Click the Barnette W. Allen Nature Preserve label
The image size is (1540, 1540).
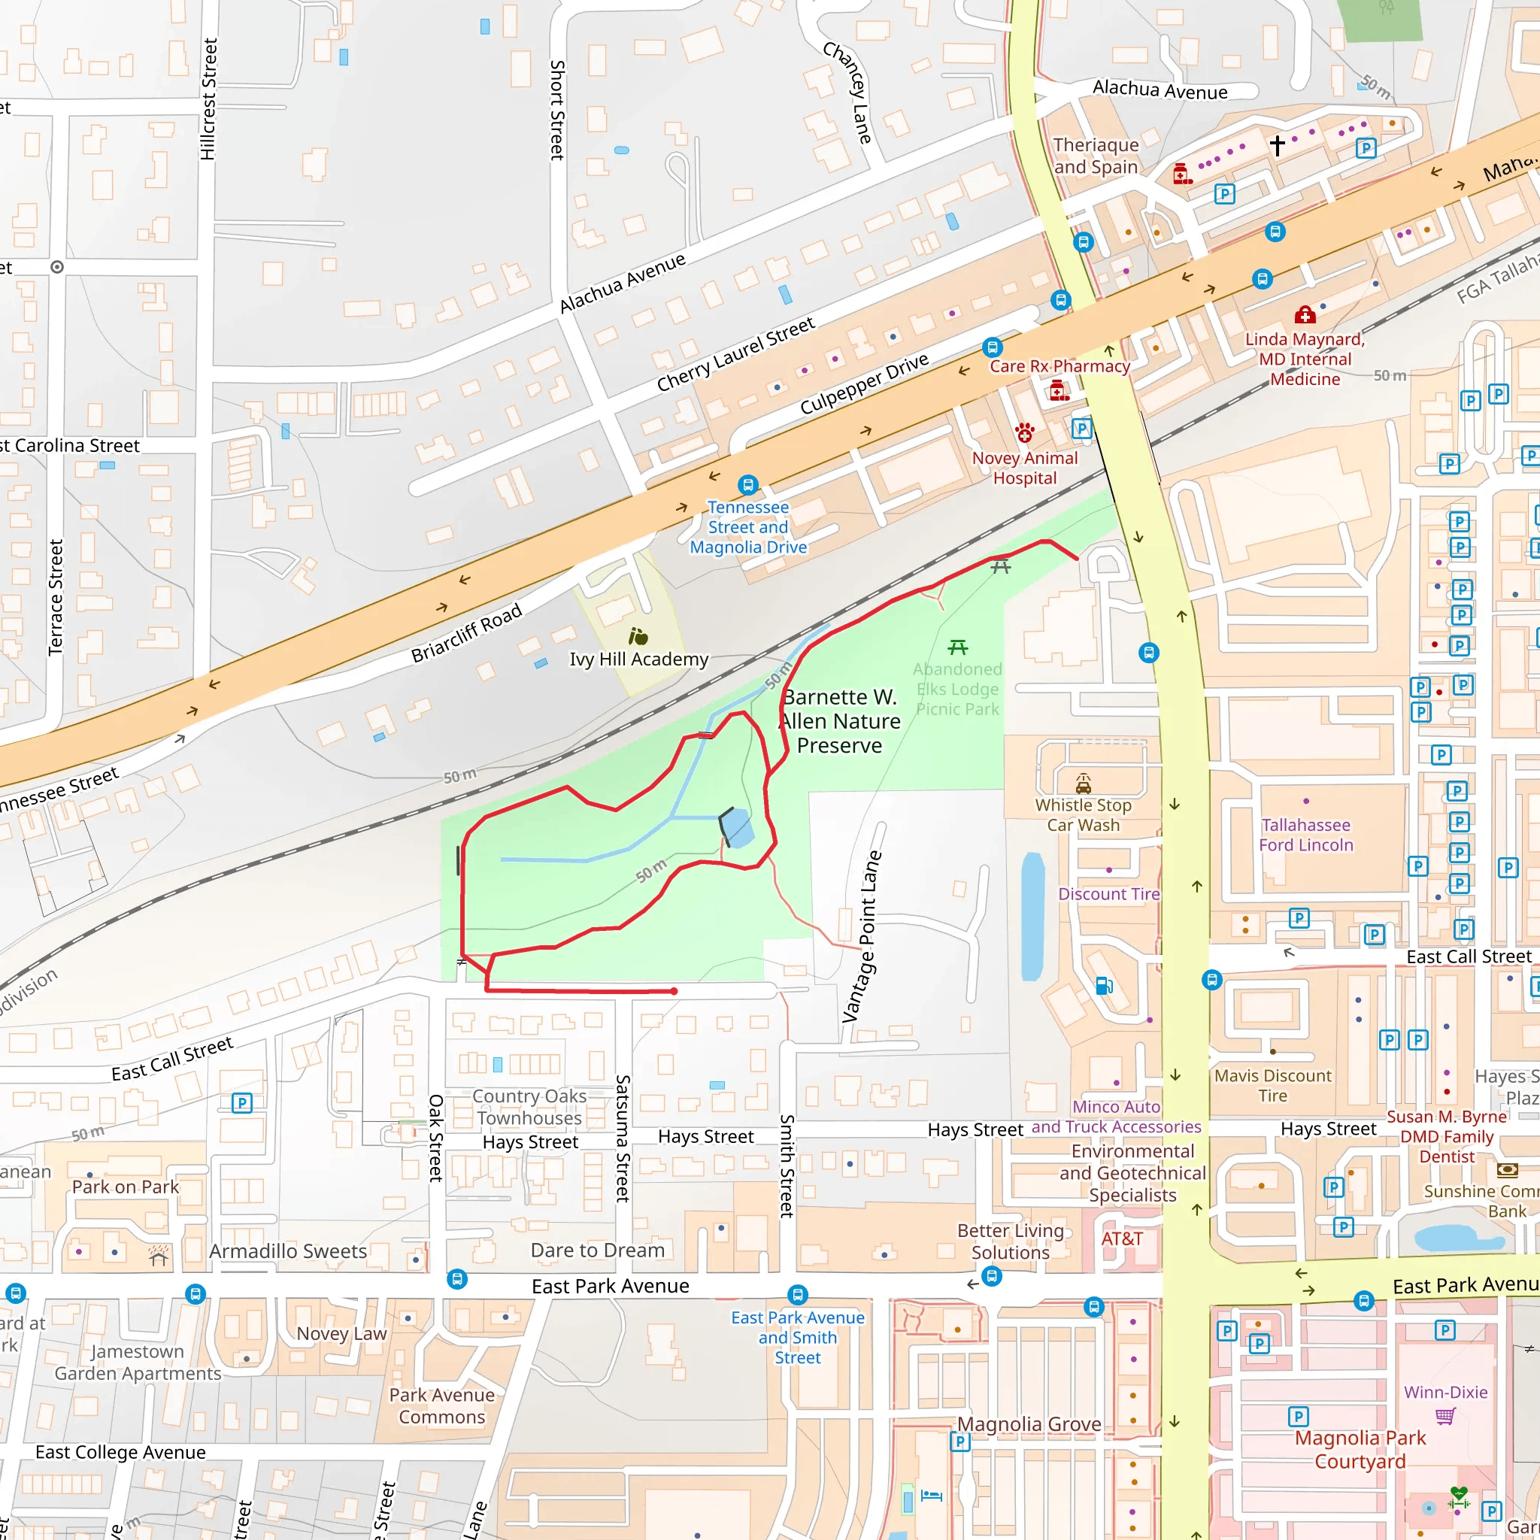click(840, 721)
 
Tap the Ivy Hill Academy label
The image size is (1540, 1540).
click(638, 659)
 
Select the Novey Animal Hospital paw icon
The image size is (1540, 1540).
click(1024, 433)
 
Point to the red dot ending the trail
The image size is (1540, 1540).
click(675, 991)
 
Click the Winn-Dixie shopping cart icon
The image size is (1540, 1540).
click(1445, 1416)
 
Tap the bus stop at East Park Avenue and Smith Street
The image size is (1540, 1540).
click(797, 1295)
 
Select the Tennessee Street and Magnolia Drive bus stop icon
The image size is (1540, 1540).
click(747, 485)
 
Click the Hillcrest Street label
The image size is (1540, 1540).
click(208, 100)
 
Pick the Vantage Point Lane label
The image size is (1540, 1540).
click(862, 937)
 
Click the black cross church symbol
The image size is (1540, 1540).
click(1277, 145)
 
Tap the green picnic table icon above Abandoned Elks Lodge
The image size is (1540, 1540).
click(958, 647)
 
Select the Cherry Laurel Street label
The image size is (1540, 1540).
click(735, 354)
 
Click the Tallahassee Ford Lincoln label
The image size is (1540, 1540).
click(1305, 835)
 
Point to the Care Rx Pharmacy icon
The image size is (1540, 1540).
click(1059, 390)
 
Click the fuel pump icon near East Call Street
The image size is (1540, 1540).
click(1104, 986)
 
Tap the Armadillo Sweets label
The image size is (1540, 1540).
click(288, 1251)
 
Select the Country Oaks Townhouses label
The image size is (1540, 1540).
click(529, 1107)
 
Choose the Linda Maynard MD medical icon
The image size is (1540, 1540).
click(1305, 314)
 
